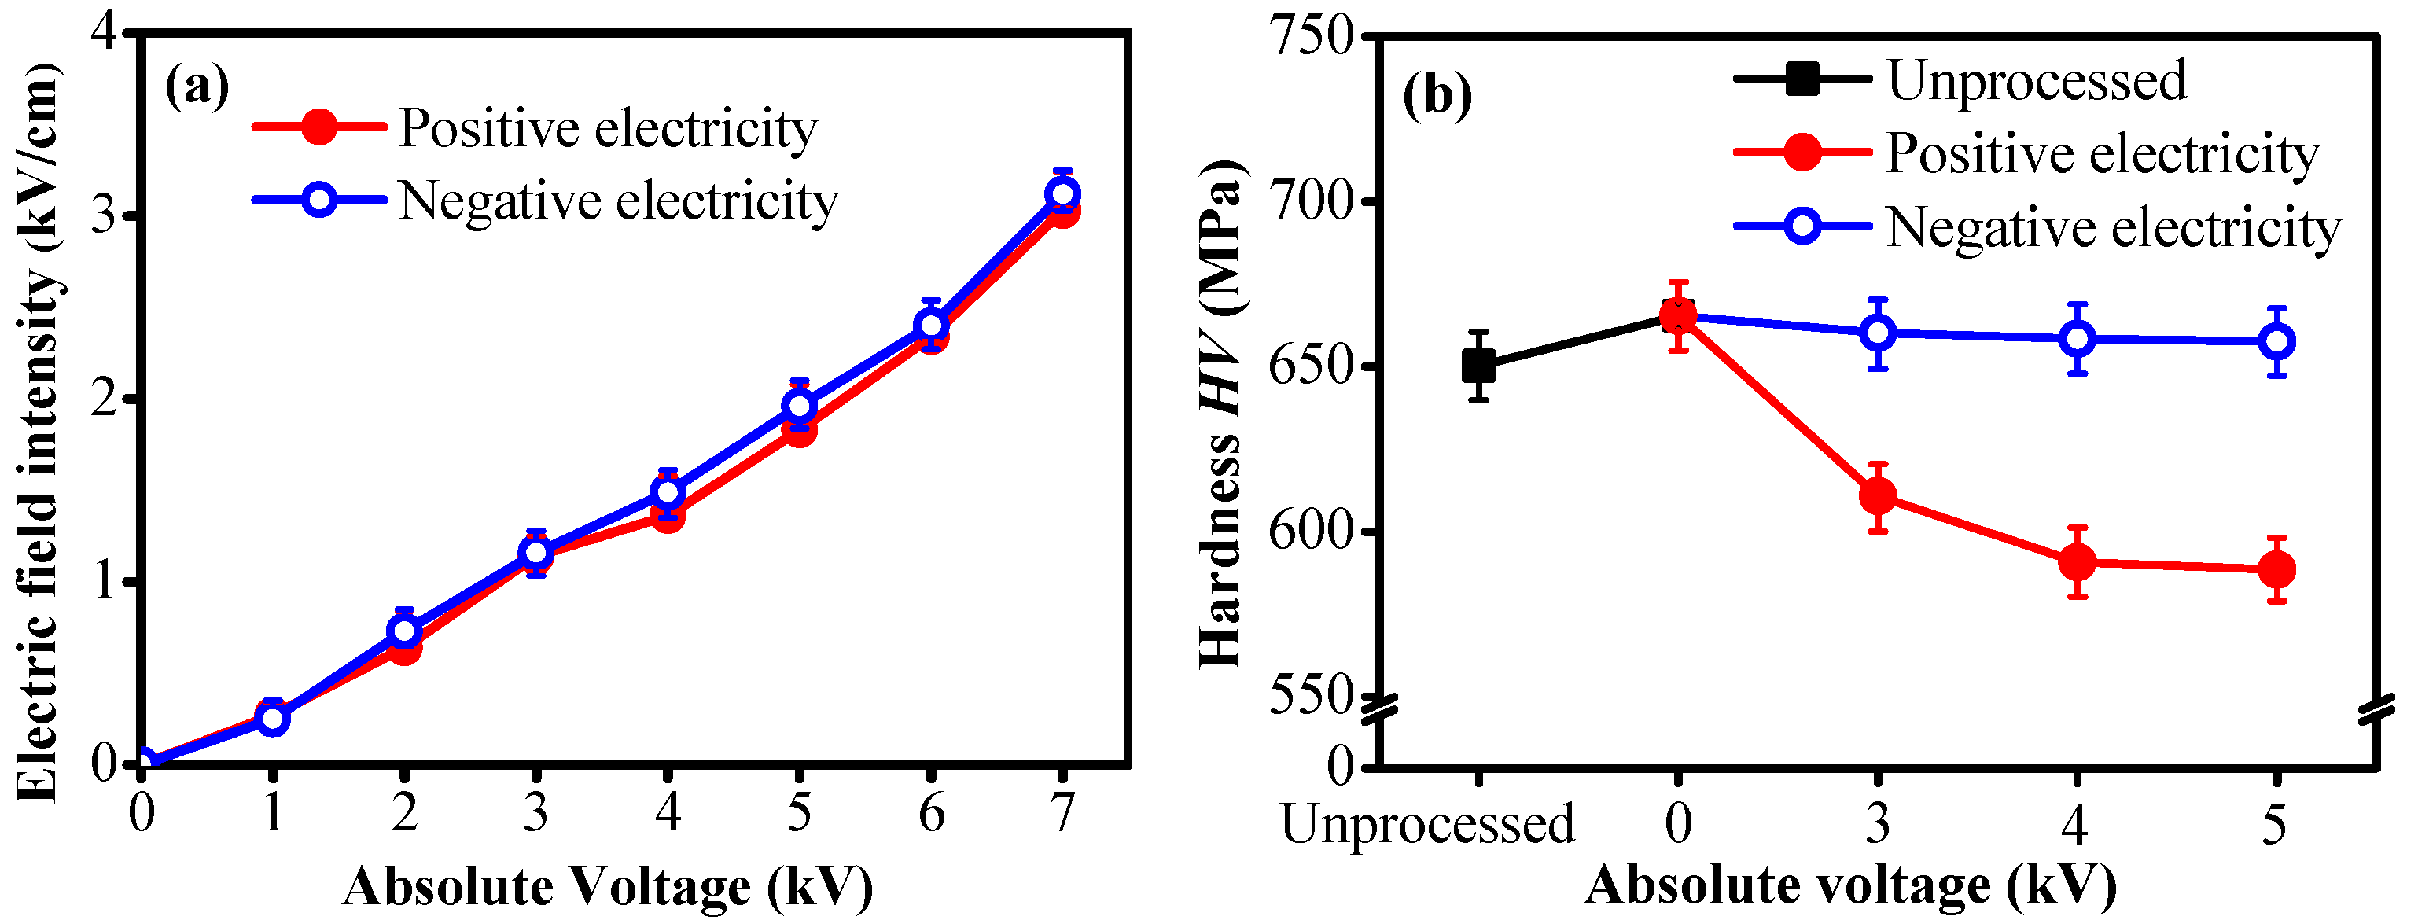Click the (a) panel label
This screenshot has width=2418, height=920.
pos(197,87)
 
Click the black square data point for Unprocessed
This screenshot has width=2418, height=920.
pos(1479,366)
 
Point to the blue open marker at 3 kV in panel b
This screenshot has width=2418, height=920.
pos(1877,333)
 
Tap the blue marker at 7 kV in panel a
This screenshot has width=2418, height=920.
pos(1062,195)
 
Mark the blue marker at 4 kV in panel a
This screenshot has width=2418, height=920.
pos(668,492)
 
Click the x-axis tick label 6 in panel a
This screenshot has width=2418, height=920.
pos(930,813)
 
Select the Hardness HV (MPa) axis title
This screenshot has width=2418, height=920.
pos(1220,413)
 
